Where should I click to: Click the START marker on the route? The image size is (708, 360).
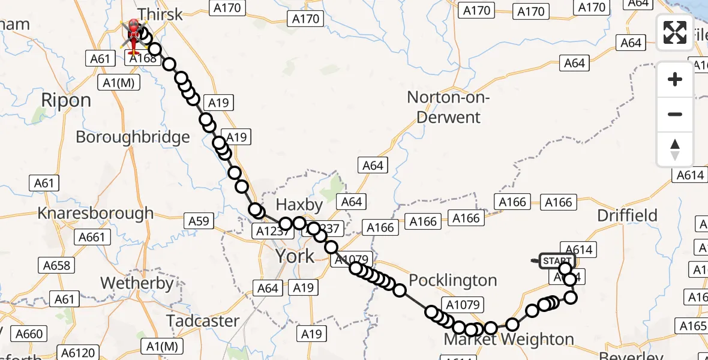(557, 261)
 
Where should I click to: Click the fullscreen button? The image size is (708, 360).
(675, 32)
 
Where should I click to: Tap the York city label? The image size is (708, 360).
(295, 256)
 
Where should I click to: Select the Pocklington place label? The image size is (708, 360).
(453, 280)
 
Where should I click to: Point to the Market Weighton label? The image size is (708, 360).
(508, 340)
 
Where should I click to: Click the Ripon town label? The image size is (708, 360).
(66, 100)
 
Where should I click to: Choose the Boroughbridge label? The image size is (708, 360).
(133, 137)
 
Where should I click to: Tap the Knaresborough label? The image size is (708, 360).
(95, 213)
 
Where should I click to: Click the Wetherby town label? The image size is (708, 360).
(137, 283)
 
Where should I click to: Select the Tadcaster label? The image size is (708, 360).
(203, 321)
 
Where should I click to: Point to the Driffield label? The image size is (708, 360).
(628, 215)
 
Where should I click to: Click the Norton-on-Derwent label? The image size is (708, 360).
(449, 106)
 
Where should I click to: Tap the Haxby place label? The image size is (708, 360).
(299, 204)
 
